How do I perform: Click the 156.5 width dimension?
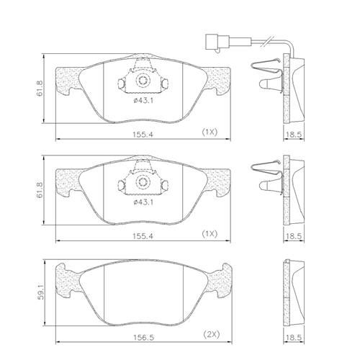[x=143, y=338]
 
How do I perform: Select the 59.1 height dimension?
[x=40, y=292]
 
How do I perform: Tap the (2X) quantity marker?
[x=212, y=334]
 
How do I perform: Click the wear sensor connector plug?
[x=217, y=42]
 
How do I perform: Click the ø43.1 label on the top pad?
[x=143, y=101]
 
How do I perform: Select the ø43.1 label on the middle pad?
[x=143, y=202]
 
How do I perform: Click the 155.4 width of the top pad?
[x=143, y=135]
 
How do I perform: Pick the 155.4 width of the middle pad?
[x=143, y=236]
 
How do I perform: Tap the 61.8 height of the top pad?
[x=40, y=89]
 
